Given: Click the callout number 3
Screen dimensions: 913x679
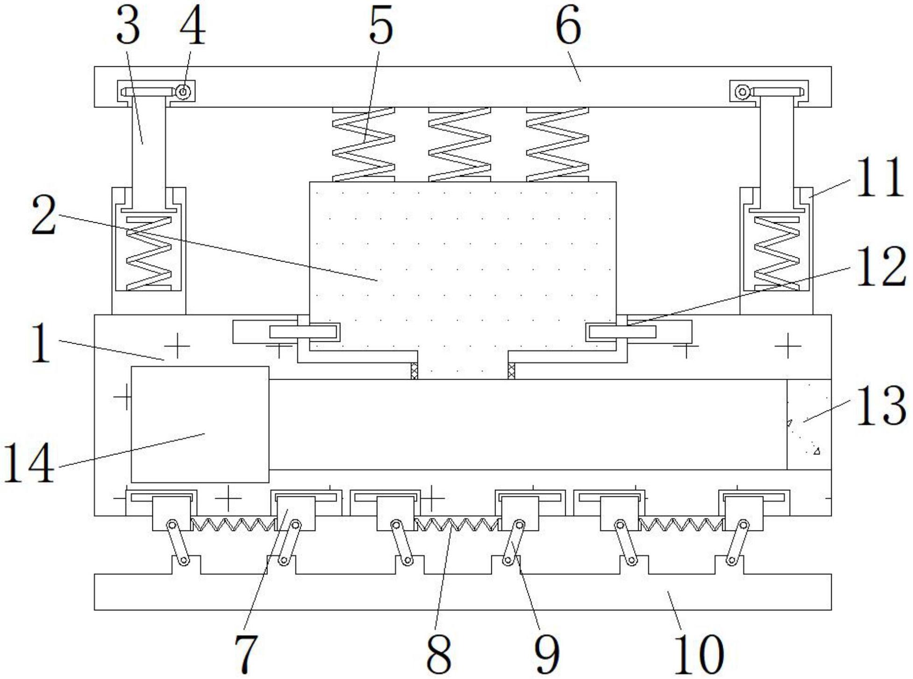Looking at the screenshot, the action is tap(128, 27).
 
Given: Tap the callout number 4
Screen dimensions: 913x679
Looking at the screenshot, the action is tap(192, 27).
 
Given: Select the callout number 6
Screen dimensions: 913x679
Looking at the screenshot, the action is tap(568, 27).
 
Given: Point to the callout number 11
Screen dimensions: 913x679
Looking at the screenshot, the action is tap(879, 177).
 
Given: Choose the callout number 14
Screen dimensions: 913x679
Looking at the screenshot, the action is tap(29, 463).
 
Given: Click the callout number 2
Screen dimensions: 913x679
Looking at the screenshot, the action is tap(44, 215).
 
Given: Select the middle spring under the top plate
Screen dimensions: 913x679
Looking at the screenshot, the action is tap(460, 144).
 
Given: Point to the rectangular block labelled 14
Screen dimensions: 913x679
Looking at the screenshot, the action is tap(200, 424).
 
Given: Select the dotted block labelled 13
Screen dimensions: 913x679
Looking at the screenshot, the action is tap(809, 424).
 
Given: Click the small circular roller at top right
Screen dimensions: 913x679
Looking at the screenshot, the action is tap(742, 92).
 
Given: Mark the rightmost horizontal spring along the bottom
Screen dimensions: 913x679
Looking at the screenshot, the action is tap(682, 524).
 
